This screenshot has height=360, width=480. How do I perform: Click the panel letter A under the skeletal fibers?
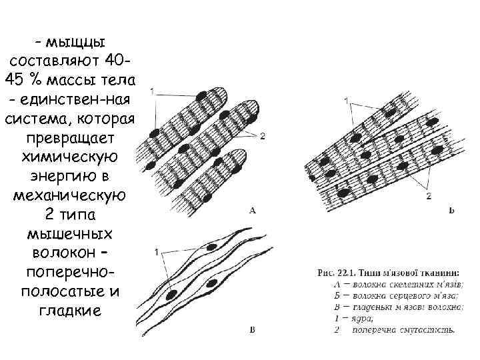click(x=253, y=211)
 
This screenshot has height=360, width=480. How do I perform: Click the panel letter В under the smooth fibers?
click(x=252, y=329)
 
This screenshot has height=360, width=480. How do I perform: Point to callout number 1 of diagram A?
click(x=153, y=90)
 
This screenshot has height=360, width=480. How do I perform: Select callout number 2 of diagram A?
click(x=263, y=136)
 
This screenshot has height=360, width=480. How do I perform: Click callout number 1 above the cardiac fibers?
click(x=346, y=100)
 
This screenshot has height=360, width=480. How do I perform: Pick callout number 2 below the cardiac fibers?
click(x=428, y=196)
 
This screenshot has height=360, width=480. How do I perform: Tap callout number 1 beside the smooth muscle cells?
click(x=156, y=253)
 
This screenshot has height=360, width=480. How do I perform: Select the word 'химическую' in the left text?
click(x=71, y=159)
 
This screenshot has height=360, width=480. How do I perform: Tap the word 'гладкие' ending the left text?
click(x=71, y=310)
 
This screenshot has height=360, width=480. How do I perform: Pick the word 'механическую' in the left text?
click(x=71, y=197)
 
